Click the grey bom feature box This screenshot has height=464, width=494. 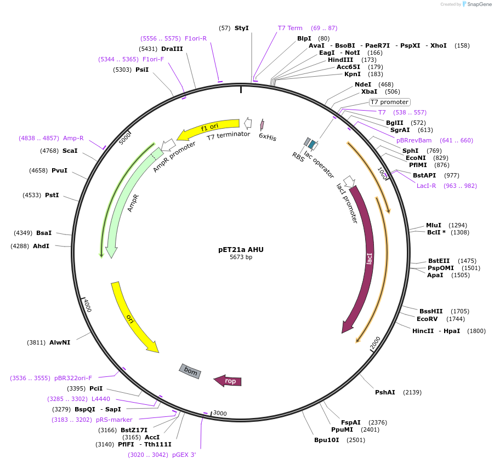coord(190,371)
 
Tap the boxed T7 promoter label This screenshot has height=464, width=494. coord(389,102)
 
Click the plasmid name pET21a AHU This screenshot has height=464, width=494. coord(241,249)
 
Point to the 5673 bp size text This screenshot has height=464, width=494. coord(241,257)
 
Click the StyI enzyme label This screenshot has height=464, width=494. coord(241,28)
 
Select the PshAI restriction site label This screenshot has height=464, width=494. coord(385,392)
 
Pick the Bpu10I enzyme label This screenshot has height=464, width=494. coord(326,439)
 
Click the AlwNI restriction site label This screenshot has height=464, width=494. coord(60,342)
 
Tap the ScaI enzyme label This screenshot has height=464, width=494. coord(70,151)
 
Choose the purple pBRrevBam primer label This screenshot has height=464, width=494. coord(414,140)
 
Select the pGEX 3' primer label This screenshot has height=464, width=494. coord(184,455)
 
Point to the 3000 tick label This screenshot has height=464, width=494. coord(220,413)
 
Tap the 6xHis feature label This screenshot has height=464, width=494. coord(268,138)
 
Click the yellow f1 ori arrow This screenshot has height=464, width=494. coord(208,128)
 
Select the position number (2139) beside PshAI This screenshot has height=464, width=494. coord(412,392)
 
